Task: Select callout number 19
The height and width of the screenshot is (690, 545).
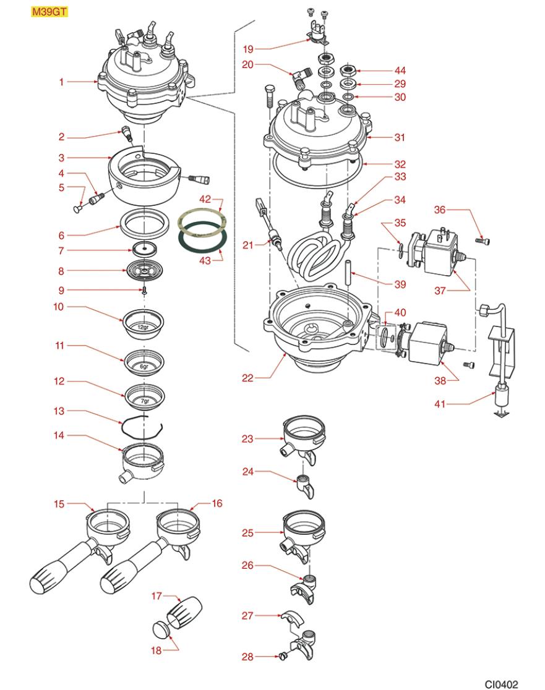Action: (247, 49)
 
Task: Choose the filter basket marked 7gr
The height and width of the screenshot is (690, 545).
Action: (144, 398)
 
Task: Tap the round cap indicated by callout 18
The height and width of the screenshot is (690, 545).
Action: (160, 630)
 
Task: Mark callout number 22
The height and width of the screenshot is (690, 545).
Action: (247, 378)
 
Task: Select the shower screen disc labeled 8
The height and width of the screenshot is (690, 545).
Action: (144, 270)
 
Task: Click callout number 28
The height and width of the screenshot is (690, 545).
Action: (247, 657)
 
